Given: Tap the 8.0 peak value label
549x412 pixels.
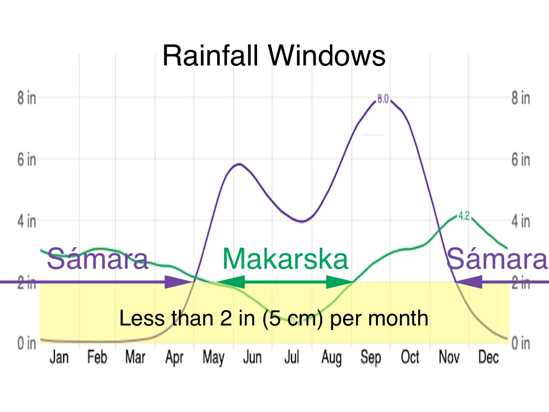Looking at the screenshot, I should [x=383, y=98].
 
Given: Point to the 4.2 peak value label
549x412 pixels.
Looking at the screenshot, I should [x=464, y=216].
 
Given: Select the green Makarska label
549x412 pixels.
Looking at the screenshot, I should [x=285, y=259].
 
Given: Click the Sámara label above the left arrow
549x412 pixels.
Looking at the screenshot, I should [x=97, y=259].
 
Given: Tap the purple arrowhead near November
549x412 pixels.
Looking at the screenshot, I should [x=469, y=282].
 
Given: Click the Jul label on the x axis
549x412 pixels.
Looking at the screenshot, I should [x=291, y=357].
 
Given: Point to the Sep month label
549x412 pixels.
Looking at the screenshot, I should [x=370, y=357].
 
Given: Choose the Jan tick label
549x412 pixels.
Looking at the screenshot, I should [x=59, y=357].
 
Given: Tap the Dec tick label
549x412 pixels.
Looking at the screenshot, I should [x=488, y=357].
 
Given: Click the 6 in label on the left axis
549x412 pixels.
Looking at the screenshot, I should [x=27, y=160].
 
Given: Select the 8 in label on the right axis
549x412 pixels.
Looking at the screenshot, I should [x=521, y=98].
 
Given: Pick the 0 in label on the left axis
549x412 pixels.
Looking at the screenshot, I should [x=27, y=343].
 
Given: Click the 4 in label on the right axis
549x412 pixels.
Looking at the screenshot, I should [x=521, y=221].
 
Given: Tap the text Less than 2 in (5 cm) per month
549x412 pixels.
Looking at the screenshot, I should [x=274, y=318].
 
